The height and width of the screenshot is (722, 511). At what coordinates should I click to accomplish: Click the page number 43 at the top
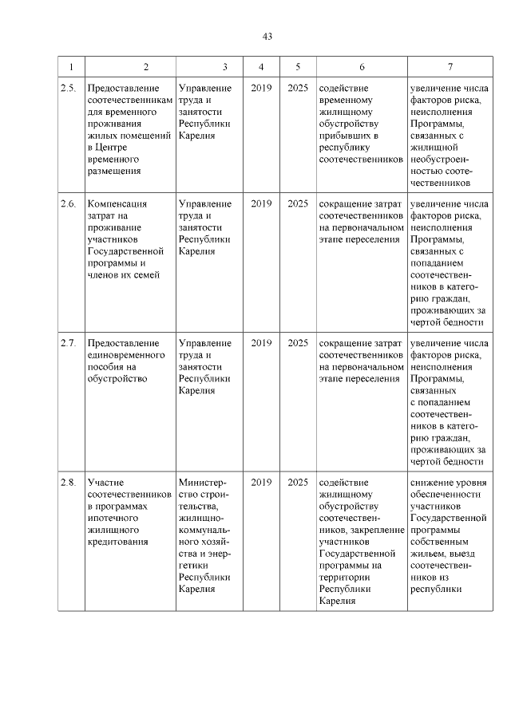tap(267, 36)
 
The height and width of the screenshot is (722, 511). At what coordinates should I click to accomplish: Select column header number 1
tap(71, 67)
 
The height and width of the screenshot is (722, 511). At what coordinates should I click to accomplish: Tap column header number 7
tap(450, 67)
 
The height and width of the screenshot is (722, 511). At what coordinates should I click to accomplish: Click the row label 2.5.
tap(69, 89)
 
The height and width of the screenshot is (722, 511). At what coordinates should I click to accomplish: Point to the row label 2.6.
tap(69, 204)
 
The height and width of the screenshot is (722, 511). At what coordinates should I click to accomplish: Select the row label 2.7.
tap(69, 344)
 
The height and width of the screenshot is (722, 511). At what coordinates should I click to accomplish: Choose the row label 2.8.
tap(69, 483)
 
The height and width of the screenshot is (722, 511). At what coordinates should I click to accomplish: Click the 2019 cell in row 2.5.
tap(261, 89)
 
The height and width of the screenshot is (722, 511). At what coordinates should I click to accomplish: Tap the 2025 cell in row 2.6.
tap(298, 204)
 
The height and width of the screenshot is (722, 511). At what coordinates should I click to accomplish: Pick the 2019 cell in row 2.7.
tap(261, 344)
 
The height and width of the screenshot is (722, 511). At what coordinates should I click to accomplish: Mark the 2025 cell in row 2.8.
tap(298, 483)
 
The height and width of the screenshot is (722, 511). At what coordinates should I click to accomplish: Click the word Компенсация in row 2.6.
tap(118, 204)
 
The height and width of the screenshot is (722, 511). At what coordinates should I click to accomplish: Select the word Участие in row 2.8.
tap(105, 483)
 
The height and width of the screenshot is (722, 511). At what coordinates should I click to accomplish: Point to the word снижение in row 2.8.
tap(432, 483)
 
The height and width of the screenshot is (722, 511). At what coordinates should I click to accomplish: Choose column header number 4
tap(261, 67)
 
